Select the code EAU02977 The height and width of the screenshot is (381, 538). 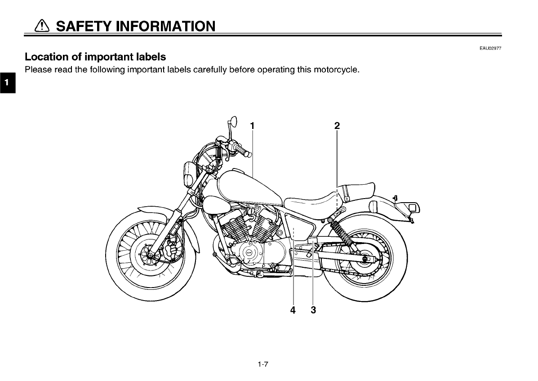pyautogui.click(x=490, y=49)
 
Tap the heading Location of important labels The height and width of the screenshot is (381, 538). pyautogui.click(x=95, y=57)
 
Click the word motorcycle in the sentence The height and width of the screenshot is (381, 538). pyautogui.click(x=335, y=70)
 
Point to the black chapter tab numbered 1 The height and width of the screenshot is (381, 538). pyautogui.click(x=7, y=83)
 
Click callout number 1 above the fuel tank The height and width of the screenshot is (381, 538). pyautogui.click(x=253, y=126)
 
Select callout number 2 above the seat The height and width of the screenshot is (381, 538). pyautogui.click(x=337, y=126)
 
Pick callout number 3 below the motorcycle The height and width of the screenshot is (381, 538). pyautogui.click(x=313, y=310)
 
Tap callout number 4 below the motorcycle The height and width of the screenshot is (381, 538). pyautogui.click(x=293, y=310)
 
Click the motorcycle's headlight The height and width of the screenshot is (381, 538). pyautogui.click(x=188, y=174)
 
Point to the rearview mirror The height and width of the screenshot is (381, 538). pyautogui.click(x=232, y=121)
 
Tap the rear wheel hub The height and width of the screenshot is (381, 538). pyautogui.click(x=364, y=259)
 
